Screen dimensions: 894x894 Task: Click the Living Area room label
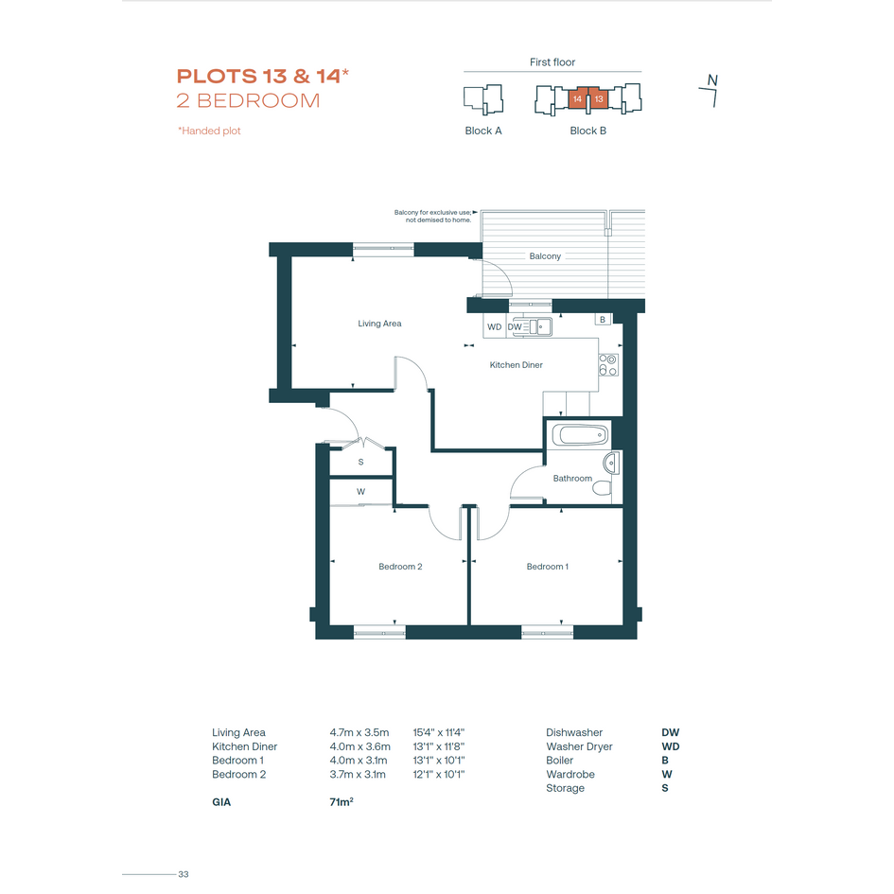pos(379,324)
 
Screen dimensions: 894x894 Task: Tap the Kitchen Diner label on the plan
pos(516,365)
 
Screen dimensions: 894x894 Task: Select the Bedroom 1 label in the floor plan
pos(548,566)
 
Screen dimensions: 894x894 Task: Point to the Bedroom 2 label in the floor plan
pos(400,566)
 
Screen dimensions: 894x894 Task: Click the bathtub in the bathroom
pos(581,435)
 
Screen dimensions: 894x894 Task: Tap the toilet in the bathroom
pos(602,488)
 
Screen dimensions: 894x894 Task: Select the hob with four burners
pos(608,365)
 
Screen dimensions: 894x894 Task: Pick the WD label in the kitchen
pos(495,326)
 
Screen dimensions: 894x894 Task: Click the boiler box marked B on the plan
pos(603,320)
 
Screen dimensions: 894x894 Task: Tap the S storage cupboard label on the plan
pos(360,462)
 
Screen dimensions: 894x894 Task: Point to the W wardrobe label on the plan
pos(360,492)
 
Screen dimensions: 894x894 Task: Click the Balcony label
pos(545,256)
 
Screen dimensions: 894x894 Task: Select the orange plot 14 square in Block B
pos(578,98)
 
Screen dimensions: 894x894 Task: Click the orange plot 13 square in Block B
pos(599,98)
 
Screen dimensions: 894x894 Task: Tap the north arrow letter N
pos(712,80)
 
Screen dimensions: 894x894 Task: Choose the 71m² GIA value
pos(341,801)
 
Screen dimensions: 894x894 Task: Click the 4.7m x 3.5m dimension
pos(359,732)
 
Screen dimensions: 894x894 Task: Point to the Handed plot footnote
pos(209,131)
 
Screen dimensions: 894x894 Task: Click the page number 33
pos(183,874)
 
